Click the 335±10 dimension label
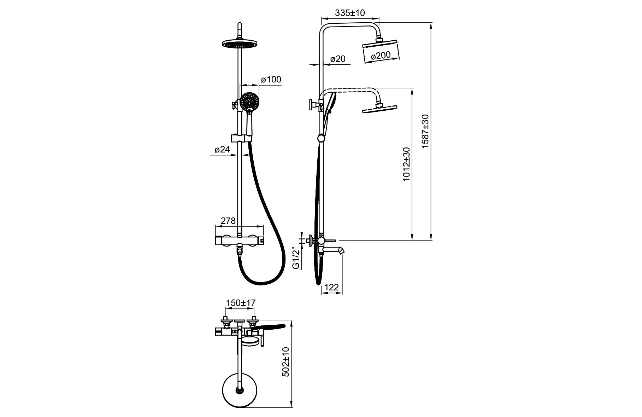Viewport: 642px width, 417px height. click(350, 13)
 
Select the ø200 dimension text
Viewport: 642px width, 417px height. click(381, 55)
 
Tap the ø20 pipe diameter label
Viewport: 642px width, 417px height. click(338, 59)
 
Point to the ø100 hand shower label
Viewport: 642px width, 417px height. click(271, 80)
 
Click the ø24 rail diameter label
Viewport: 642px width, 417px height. click(222, 150)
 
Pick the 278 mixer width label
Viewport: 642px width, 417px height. click(228, 221)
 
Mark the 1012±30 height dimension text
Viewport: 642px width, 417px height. click(407, 164)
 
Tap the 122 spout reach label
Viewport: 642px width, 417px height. click(331, 288)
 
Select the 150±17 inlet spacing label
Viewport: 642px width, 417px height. click(241, 303)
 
